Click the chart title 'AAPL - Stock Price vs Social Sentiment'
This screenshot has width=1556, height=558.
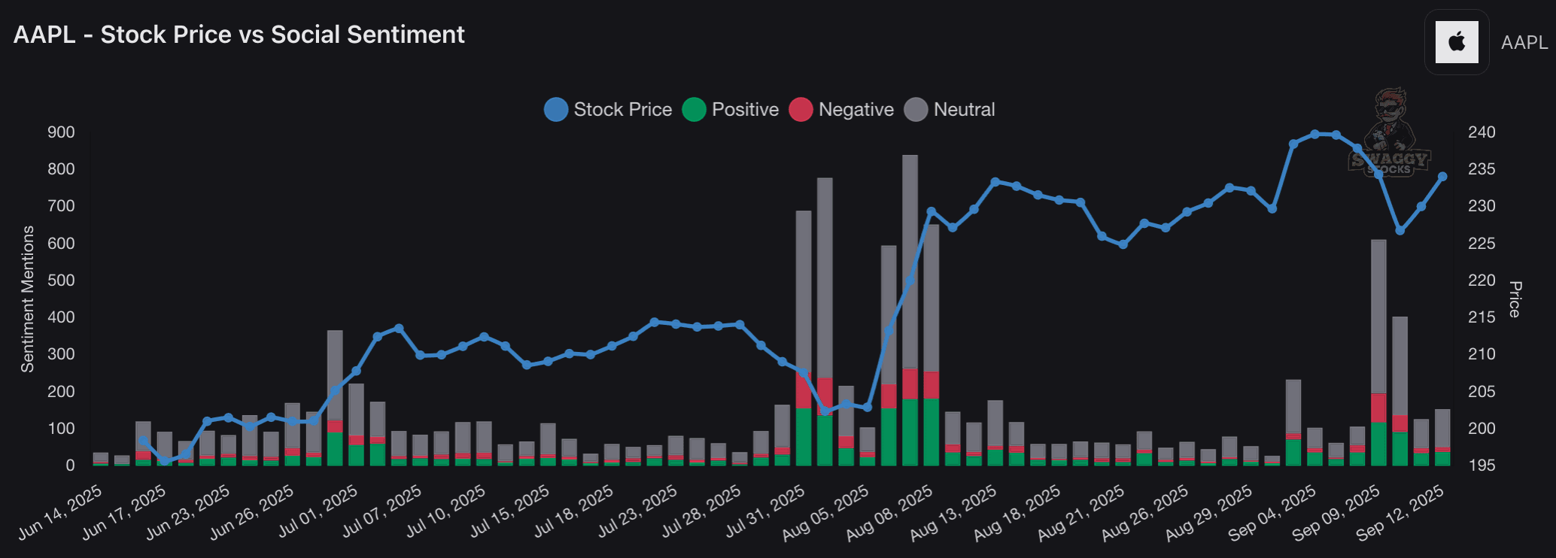pos(239,35)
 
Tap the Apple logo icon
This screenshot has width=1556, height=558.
pos(1457,42)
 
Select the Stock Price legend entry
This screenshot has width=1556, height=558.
pos(608,110)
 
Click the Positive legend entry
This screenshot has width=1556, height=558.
pos(731,110)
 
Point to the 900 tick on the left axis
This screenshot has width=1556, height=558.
pos(62,132)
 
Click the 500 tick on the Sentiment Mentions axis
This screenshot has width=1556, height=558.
pos(62,281)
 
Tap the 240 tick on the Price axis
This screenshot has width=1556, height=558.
pos(1482,132)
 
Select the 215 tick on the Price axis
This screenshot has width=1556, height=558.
pos(1482,317)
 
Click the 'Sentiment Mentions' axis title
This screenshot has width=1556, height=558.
pos(28,299)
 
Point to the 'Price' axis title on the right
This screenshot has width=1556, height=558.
pos(1515,299)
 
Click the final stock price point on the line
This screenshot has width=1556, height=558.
pos(1442,177)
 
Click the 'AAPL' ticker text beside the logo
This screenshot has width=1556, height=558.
pos(1524,43)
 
